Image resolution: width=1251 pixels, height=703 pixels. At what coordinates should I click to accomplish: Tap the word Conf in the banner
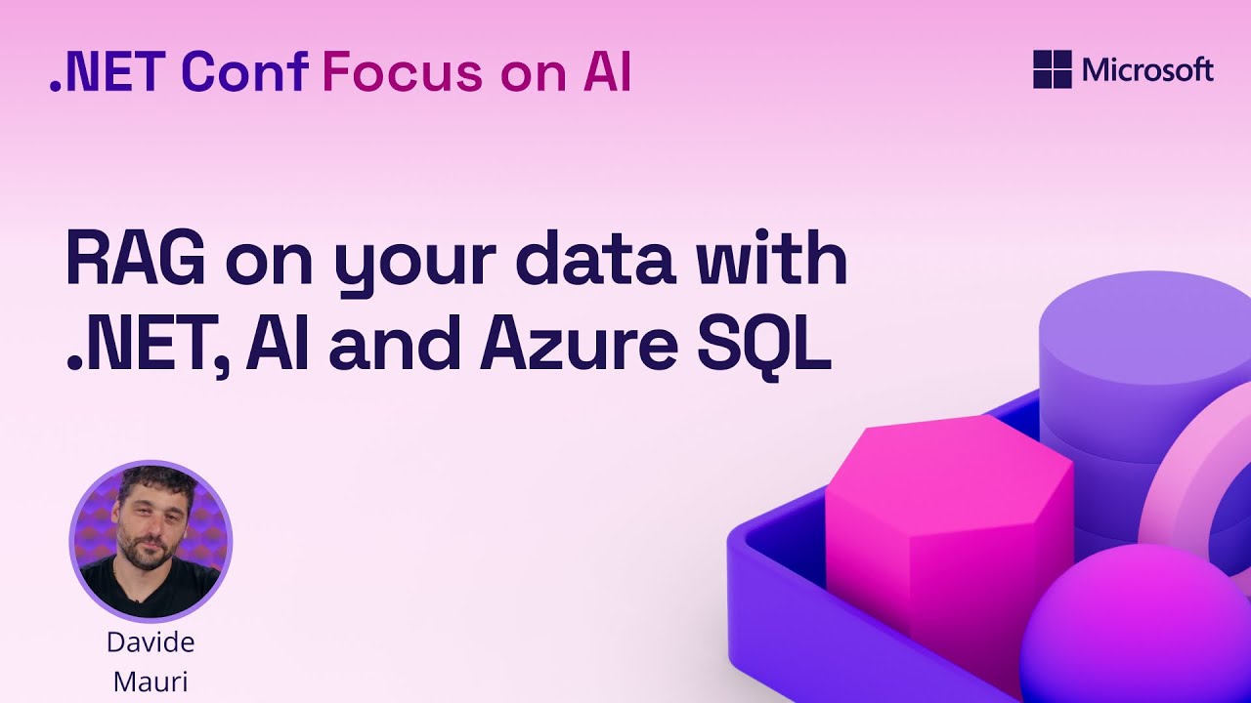245,72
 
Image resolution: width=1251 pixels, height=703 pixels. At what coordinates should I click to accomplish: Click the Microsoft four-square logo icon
1053,70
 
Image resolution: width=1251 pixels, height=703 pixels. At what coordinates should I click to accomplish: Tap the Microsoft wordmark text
1147,70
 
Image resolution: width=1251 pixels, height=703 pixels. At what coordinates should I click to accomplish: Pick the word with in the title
775,261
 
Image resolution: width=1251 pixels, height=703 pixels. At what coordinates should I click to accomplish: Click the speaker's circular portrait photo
151,542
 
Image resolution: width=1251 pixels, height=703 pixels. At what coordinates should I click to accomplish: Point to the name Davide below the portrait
151,642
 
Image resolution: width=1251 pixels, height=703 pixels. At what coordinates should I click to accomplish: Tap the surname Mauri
151,681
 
